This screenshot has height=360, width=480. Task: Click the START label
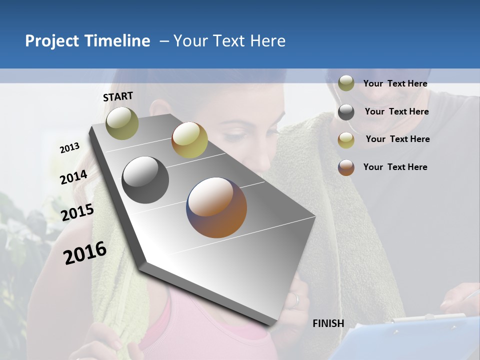(118, 96)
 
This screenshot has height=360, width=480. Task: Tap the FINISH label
(328, 323)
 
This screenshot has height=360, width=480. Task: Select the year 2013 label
(69, 148)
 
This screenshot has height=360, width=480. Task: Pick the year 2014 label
(73, 177)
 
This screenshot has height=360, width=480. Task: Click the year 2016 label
(85, 253)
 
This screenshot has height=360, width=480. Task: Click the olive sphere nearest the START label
(122, 123)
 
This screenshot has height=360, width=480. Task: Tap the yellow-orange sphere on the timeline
(189, 140)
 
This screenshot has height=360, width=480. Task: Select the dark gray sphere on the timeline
(145, 180)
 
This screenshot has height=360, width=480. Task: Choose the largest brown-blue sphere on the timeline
(216, 207)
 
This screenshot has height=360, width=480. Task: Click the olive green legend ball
(346, 83)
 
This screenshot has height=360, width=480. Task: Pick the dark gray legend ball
(346, 112)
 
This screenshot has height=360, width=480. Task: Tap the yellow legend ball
(346, 140)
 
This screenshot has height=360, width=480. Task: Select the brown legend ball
(346, 167)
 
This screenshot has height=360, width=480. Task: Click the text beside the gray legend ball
(396, 111)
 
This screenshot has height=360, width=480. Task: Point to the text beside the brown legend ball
(395, 167)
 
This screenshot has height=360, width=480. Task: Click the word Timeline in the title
(118, 41)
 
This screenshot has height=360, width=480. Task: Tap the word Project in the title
(52, 41)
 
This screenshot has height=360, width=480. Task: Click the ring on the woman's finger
(296, 300)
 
